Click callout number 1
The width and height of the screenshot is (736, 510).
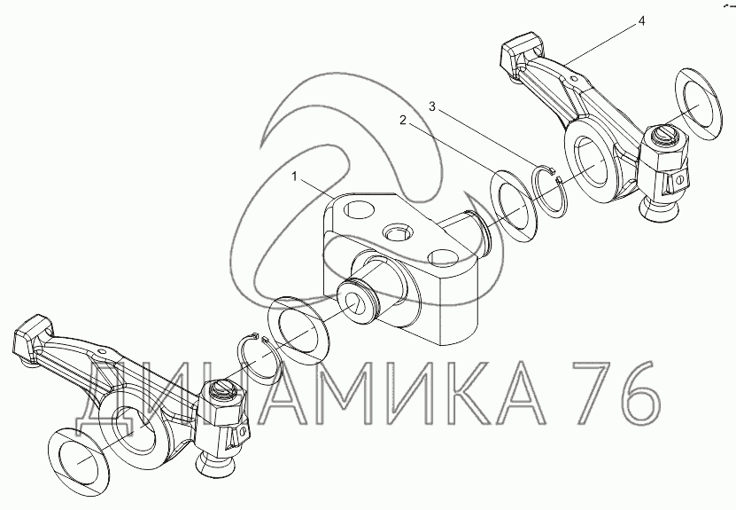click(294, 177)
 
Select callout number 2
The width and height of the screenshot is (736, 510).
click(403, 121)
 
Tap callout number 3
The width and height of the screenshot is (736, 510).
click(432, 106)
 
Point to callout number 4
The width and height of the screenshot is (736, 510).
click(641, 21)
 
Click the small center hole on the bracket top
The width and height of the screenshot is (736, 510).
click(397, 232)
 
